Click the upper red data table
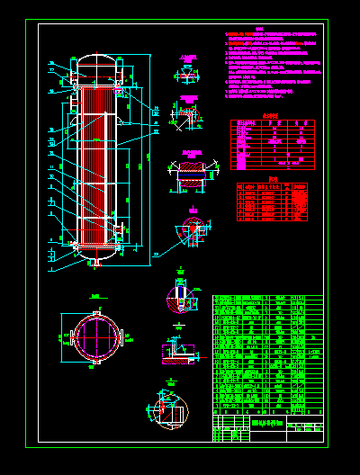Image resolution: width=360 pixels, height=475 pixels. (x=274, y=144)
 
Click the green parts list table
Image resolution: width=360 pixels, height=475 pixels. (x=267, y=360)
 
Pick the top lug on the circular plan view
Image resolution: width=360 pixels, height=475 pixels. (x=93, y=309)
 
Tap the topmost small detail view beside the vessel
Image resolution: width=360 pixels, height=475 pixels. (x=188, y=76)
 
